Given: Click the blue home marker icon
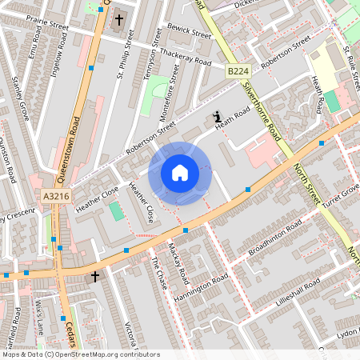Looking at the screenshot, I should [x=180, y=173].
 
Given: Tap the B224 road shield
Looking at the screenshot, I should [x=237, y=72].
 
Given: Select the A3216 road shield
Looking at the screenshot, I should [x=56, y=195].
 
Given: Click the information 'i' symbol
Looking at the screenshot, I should [x=217, y=118].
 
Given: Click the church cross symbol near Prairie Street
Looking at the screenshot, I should [x=120, y=18].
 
